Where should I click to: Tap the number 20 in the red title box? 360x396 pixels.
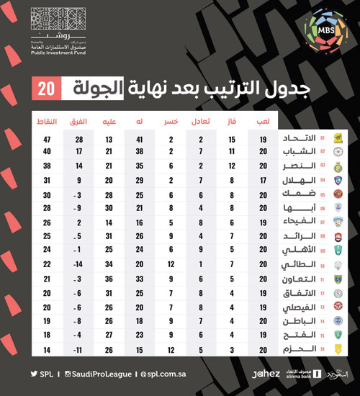45,89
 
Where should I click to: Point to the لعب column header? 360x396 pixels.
264,121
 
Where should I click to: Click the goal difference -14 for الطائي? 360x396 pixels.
79,264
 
